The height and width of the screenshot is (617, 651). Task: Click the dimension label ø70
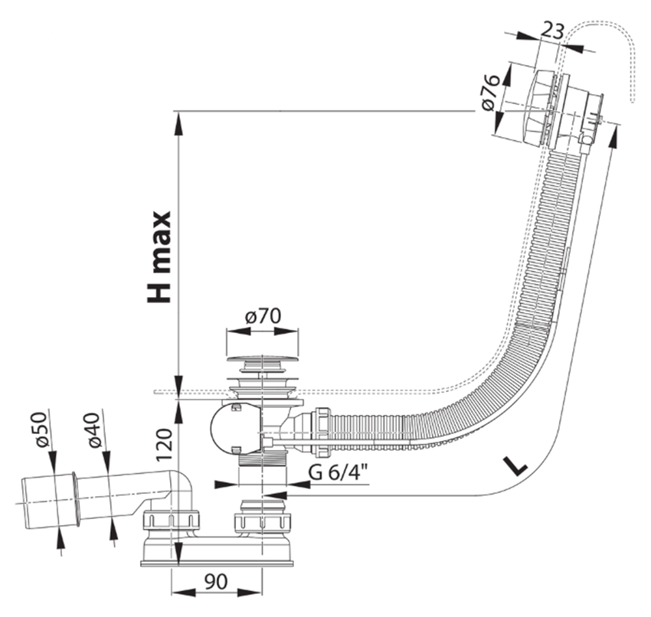[x=263, y=315]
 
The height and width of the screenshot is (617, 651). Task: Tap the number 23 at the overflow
[x=553, y=30]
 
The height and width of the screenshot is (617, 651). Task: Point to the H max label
[x=160, y=256]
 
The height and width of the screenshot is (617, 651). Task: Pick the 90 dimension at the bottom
[x=217, y=581]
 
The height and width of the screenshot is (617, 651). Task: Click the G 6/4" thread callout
[x=338, y=472]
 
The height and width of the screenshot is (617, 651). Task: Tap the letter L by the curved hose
[x=517, y=465]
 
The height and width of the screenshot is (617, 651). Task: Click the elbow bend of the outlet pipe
[x=181, y=487]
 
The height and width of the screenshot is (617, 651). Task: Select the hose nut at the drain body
[x=322, y=428]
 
